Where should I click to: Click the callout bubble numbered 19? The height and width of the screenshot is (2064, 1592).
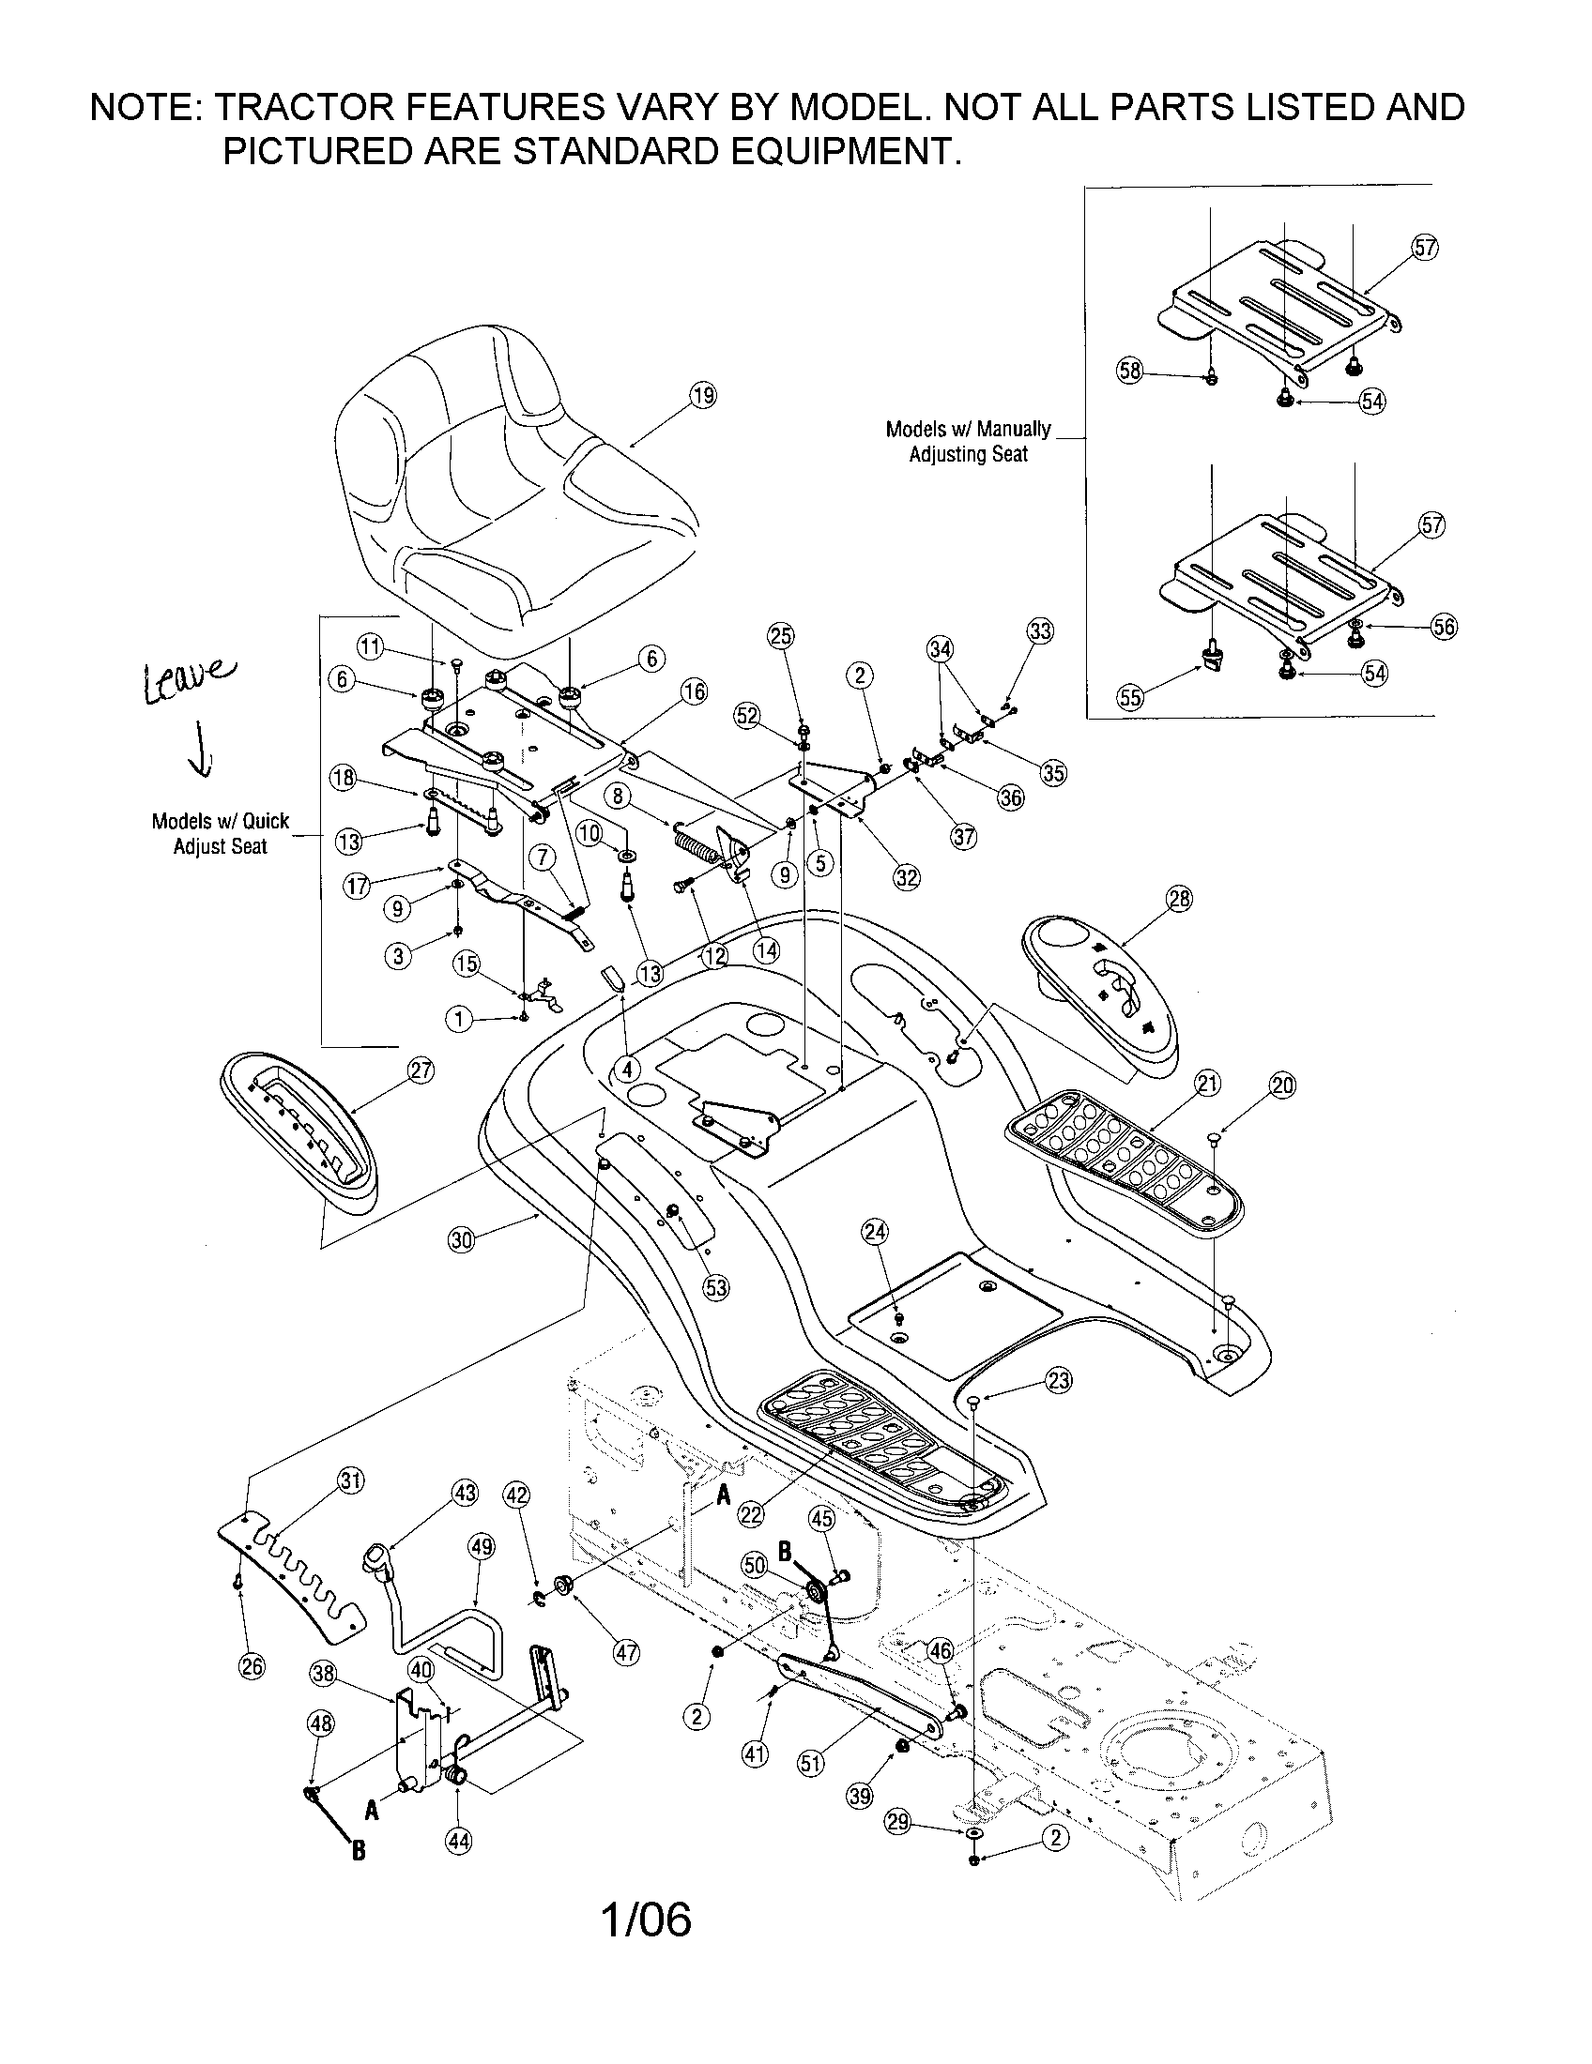pos(702,395)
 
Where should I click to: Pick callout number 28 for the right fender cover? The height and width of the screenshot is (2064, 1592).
pos(1180,899)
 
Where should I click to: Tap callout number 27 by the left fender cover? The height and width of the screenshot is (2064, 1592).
pos(421,1070)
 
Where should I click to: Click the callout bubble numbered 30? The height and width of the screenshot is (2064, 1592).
pos(460,1239)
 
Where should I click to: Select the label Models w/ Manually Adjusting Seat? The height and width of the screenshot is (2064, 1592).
pos(968,441)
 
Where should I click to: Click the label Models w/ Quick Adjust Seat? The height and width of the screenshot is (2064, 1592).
pos(221,833)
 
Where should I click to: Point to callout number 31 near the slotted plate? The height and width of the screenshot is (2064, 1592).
pos(351,1480)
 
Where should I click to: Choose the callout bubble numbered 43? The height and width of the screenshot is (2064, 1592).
pos(466,1494)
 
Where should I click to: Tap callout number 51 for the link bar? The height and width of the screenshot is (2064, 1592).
pos(811,1762)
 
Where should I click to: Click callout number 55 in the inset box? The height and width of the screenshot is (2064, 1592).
pos(1130,697)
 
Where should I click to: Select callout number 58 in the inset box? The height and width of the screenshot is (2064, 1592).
pos(1130,370)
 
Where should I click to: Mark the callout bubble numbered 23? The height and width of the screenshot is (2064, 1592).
pos(1059,1381)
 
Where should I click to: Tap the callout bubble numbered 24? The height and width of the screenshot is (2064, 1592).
pos(876,1231)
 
